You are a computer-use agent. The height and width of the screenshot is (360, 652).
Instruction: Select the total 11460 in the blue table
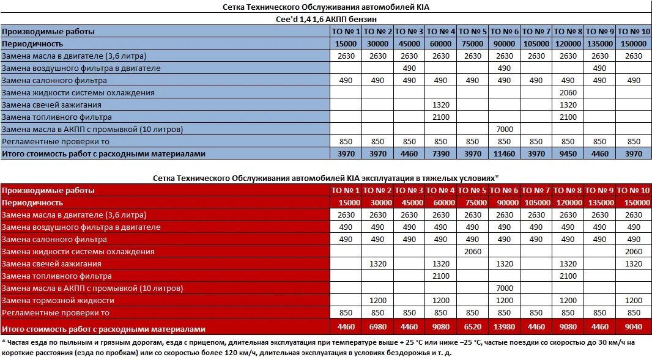click(x=504, y=154)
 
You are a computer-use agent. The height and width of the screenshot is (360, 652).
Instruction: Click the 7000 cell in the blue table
click(x=504, y=130)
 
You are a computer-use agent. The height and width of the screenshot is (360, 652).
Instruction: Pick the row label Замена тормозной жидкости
click(x=57, y=301)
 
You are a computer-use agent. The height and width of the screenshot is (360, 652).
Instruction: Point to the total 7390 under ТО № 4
click(x=440, y=154)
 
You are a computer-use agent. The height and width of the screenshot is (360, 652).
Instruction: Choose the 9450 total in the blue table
click(x=568, y=154)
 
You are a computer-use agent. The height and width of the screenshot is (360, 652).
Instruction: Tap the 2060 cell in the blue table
click(x=568, y=93)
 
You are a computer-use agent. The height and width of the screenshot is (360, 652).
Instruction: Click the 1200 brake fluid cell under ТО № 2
click(x=377, y=301)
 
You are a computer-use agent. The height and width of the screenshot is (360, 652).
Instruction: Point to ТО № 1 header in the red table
click(x=346, y=191)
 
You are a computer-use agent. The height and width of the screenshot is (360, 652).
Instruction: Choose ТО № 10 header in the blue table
click(x=633, y=31)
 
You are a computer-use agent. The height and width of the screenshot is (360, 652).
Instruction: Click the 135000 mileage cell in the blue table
click(x=599, y=44)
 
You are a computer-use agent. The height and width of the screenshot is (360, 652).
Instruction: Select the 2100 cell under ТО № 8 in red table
click(x=568, y=276)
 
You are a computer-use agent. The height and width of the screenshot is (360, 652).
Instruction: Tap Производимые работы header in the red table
click(x=48, y=191)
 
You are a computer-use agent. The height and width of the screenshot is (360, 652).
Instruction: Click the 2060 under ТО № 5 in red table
click(x=472, y=252)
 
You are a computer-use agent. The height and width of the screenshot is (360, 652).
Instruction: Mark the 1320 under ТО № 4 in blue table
click(x=440, y=105)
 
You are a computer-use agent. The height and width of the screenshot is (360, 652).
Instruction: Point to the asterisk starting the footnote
click(x=3, y=341)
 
